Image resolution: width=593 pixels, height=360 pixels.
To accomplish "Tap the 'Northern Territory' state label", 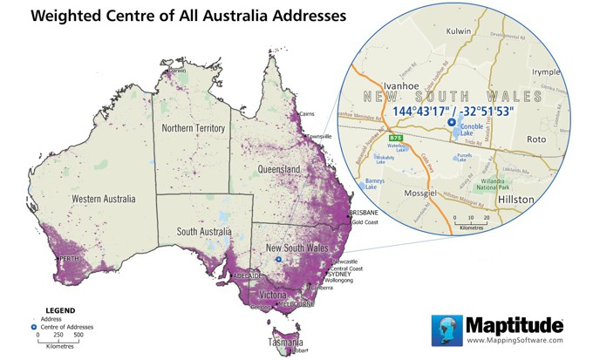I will coord(194,128).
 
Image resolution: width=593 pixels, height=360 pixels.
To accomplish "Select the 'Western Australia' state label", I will coord(104,199).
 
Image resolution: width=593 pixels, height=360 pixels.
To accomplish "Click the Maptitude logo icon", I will coord(446,330).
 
